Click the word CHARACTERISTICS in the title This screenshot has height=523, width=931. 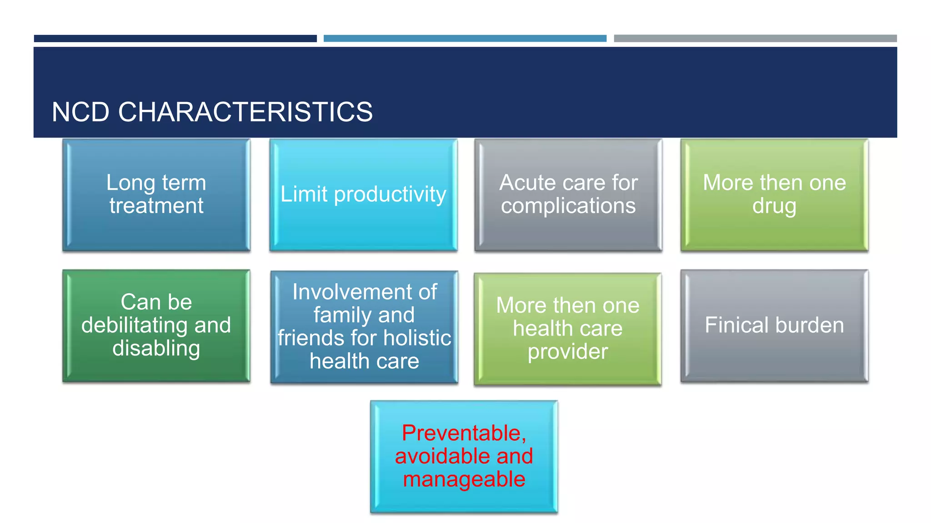click(245, 112)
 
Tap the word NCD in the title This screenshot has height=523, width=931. click(80, 112)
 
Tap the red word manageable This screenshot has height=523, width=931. click(464, 479)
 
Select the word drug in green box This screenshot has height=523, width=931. click(774, 206)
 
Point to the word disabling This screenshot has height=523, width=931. click(156, 348)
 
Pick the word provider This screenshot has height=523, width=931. click(567, 351)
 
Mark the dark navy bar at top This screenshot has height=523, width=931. click(175, 39)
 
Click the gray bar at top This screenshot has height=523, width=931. click(755, 39)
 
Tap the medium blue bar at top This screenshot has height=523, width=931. click(465, 39)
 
